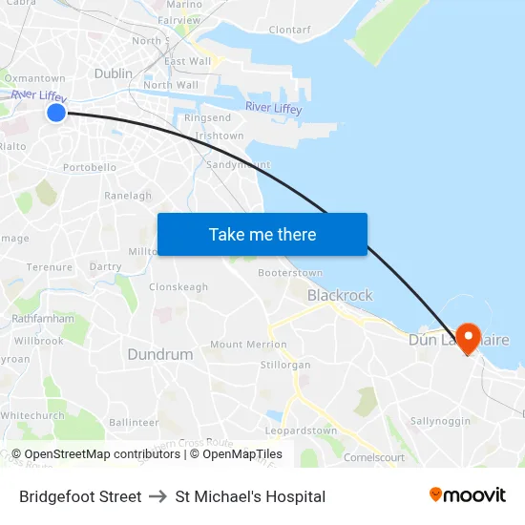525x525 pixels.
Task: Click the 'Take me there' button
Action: click(x=262, y=234)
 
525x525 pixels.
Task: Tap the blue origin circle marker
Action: click(x=56, y=114)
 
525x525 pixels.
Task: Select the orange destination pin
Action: click(x=468, y=338)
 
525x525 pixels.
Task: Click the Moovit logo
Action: click(x=467, y=495)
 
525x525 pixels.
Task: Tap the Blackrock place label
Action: click(x=339, y=296)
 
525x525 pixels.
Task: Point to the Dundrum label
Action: click(x=159, y=354)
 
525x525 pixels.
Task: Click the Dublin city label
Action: click(x=114, y=73)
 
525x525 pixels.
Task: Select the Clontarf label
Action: click(x=289, y=30)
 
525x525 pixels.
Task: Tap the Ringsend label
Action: click(x=207, y=117)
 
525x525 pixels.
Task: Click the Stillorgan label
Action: click(x=285, y=365)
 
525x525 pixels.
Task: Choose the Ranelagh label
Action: click(x=128, y=196)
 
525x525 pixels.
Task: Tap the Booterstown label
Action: click(x=290, y=273)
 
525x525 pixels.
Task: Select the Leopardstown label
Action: click(x=301, y=430)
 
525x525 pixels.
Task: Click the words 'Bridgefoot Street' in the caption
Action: click(x=80, y=496)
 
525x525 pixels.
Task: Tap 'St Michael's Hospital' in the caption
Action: click(x=250, y=496)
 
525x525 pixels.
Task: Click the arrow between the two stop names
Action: click(x=158, y=496)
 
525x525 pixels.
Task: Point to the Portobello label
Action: click(x=89, y=167)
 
